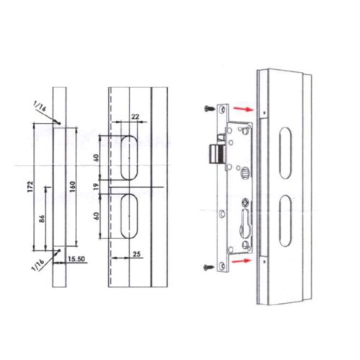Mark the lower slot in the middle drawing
pyautogui.click(x=130, y=217)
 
